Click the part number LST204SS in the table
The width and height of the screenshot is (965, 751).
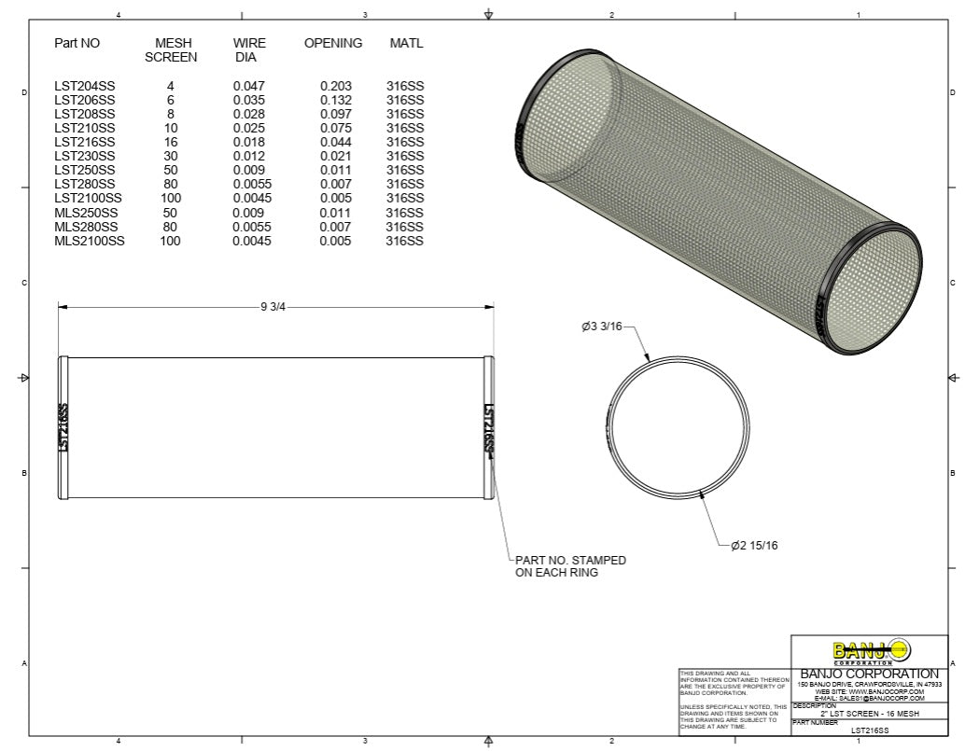click(84, 86)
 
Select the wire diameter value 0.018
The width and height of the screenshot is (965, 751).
click(249, 142)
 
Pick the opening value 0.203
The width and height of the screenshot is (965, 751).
click(335, 86)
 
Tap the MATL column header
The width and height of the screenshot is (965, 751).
click(406, 43)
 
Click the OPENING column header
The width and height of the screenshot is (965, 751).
click(333, 43)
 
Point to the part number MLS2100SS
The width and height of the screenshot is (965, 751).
click(89, 241)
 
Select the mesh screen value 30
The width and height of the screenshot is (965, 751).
click(171, 156)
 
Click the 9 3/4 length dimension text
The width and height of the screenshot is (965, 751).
click(273, 308)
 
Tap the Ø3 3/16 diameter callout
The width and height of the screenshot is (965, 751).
click(600, 327)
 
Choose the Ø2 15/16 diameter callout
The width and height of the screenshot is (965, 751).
click(753, 545)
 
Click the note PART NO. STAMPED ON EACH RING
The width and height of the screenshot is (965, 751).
click(570, 566)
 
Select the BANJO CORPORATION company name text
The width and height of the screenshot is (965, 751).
click(870, 674)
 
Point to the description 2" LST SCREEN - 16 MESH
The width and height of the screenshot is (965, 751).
click(869, 713)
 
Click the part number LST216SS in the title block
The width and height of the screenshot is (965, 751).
click(869, 731)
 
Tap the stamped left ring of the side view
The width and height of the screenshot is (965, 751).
click(63, 428)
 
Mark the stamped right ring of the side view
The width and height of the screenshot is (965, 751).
click(487, 428)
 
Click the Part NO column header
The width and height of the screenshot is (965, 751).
click(77, 43)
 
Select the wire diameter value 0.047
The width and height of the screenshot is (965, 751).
click(249, 86)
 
